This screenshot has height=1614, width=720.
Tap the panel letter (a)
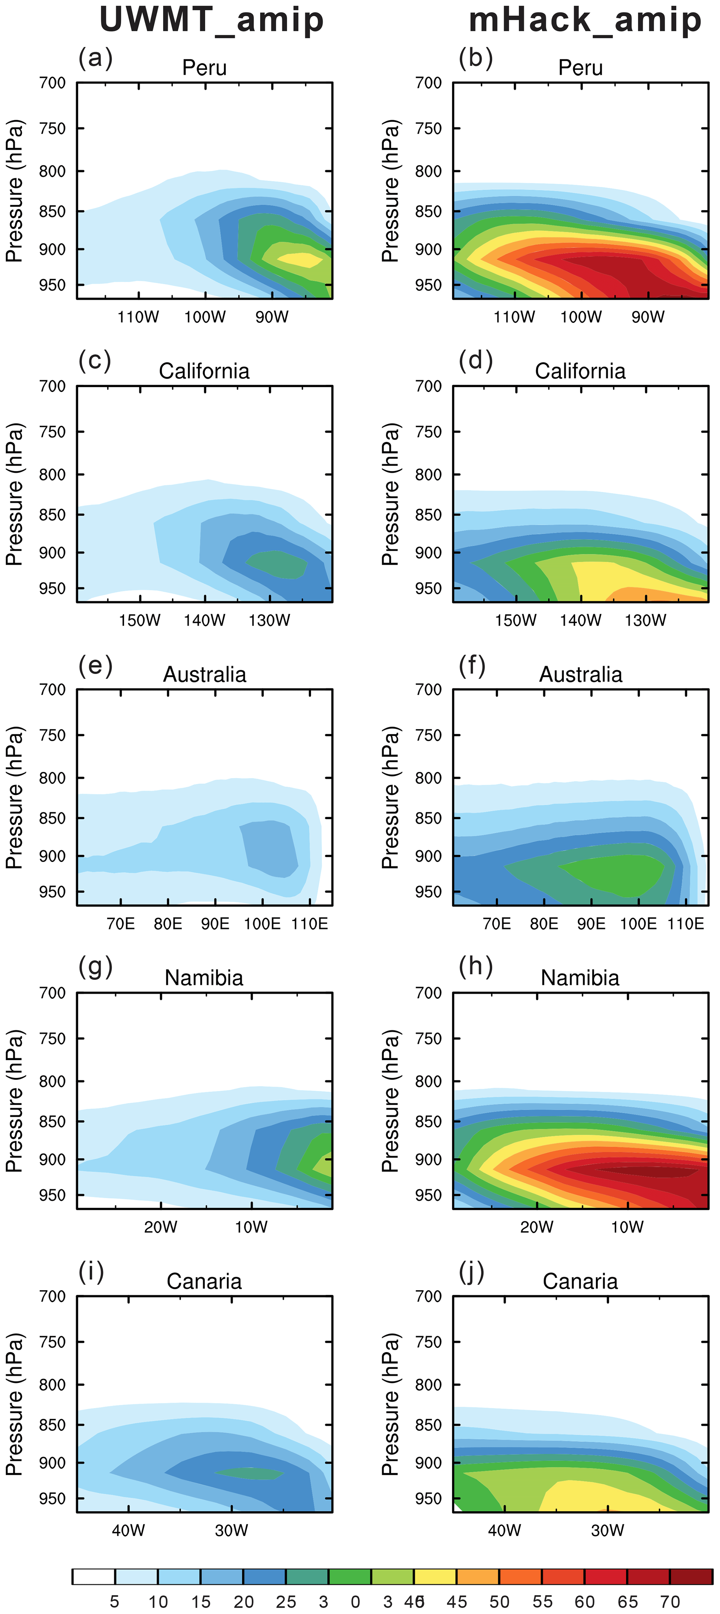95,58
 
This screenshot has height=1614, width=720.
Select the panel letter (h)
475,966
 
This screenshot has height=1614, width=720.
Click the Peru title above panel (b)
580,68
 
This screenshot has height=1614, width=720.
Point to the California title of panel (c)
204,371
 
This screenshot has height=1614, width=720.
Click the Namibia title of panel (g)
204,978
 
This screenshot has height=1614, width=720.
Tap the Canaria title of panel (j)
580,1281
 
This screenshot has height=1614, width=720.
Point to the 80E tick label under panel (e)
168,924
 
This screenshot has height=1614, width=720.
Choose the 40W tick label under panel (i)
129,1530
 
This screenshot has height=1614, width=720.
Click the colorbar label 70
670,1601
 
